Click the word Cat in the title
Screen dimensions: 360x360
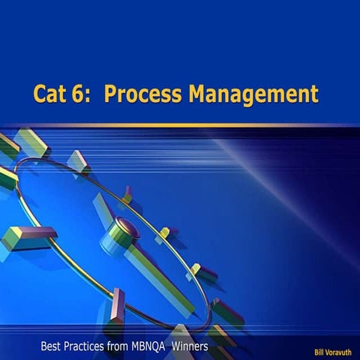(51, 95)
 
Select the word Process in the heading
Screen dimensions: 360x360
(140, 95)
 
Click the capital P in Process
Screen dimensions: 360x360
(111, 95)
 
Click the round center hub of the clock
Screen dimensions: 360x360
(124, 228)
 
